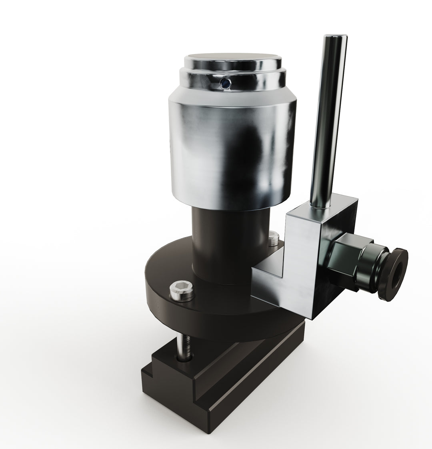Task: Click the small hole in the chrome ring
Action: [x=226, y=83]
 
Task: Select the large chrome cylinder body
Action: [x=232, y=156]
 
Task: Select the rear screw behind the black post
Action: [x=274, y=239]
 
